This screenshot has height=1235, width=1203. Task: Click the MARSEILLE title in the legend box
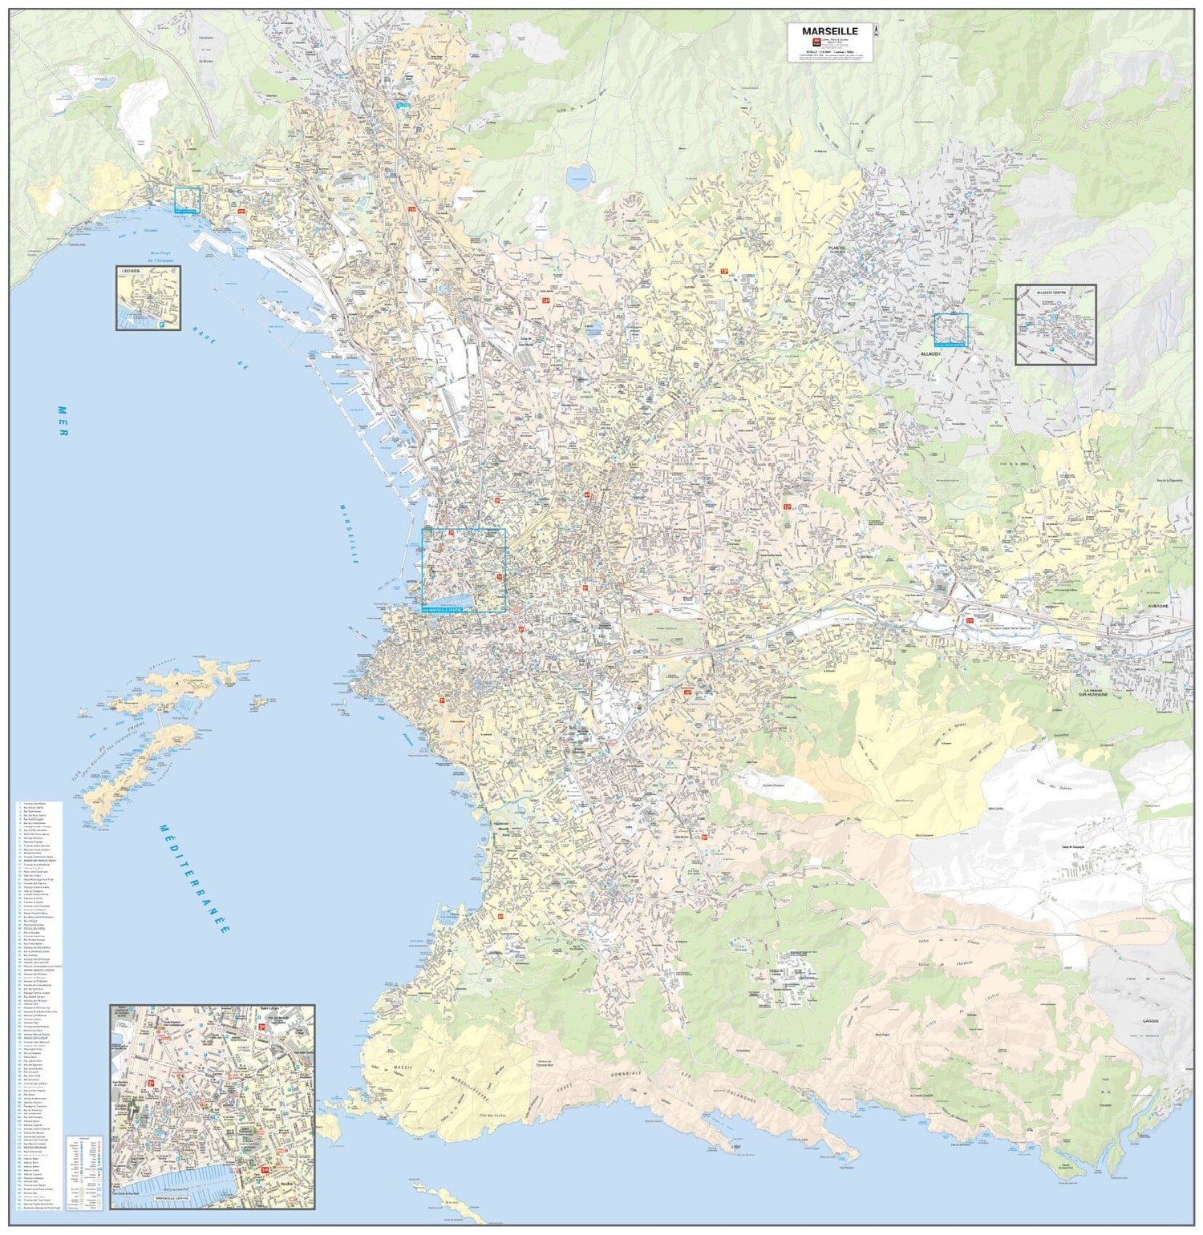tap(829, 31)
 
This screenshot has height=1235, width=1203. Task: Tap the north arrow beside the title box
tap(877, 31)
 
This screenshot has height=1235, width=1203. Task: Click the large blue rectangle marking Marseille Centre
tap(464, 571)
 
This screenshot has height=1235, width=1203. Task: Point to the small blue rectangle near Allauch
tap(951, 330)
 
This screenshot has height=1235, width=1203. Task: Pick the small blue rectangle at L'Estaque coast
tap(188, 200)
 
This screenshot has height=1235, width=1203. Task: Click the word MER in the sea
tap(62, 420)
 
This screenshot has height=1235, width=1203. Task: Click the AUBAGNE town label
tap(1159, 607)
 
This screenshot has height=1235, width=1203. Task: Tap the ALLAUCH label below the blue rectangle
tap(930, 353)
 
